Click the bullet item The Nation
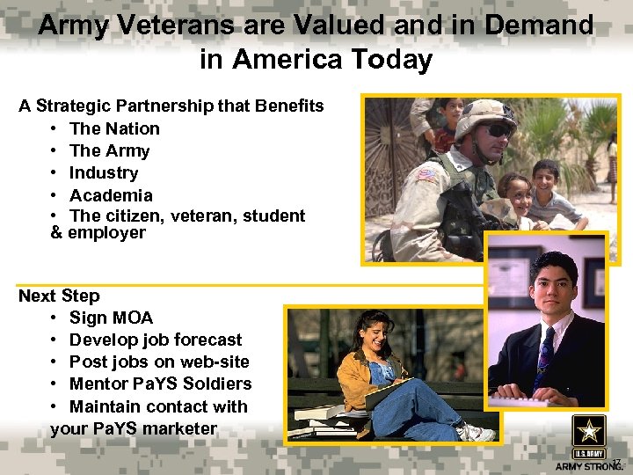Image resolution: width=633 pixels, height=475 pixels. [114, 128]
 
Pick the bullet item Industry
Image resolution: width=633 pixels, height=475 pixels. [104, 172]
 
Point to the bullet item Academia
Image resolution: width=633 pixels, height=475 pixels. [111, 194]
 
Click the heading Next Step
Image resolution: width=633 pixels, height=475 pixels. [59, 296]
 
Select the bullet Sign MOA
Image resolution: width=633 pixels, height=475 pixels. [111, 318]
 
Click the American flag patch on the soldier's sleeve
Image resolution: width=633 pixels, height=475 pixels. [426, 175]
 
